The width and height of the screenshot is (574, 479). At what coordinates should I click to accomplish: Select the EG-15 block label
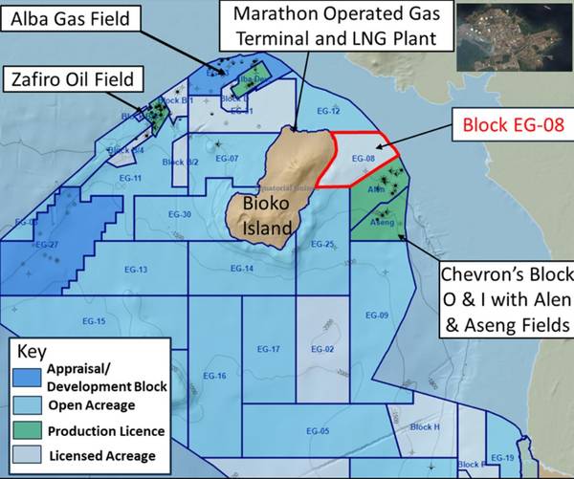(94, 320)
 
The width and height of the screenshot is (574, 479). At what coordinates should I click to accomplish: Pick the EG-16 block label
(213, 376)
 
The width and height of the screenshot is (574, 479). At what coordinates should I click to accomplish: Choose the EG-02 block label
(322, 350)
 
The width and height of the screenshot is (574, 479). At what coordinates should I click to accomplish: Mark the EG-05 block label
(319, 432)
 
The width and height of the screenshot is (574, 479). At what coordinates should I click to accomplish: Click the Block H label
(424, 427)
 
